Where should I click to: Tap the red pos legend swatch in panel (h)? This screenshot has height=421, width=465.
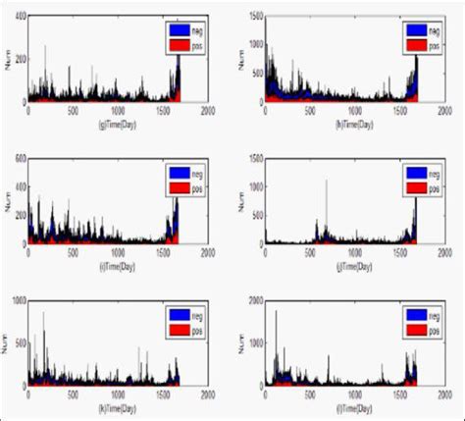[413, 44]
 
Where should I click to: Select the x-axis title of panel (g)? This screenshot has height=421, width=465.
[118, 125]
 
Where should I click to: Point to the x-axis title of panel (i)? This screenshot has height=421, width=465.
[118, 266]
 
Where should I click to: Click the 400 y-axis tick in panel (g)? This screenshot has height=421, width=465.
[19, 20]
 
